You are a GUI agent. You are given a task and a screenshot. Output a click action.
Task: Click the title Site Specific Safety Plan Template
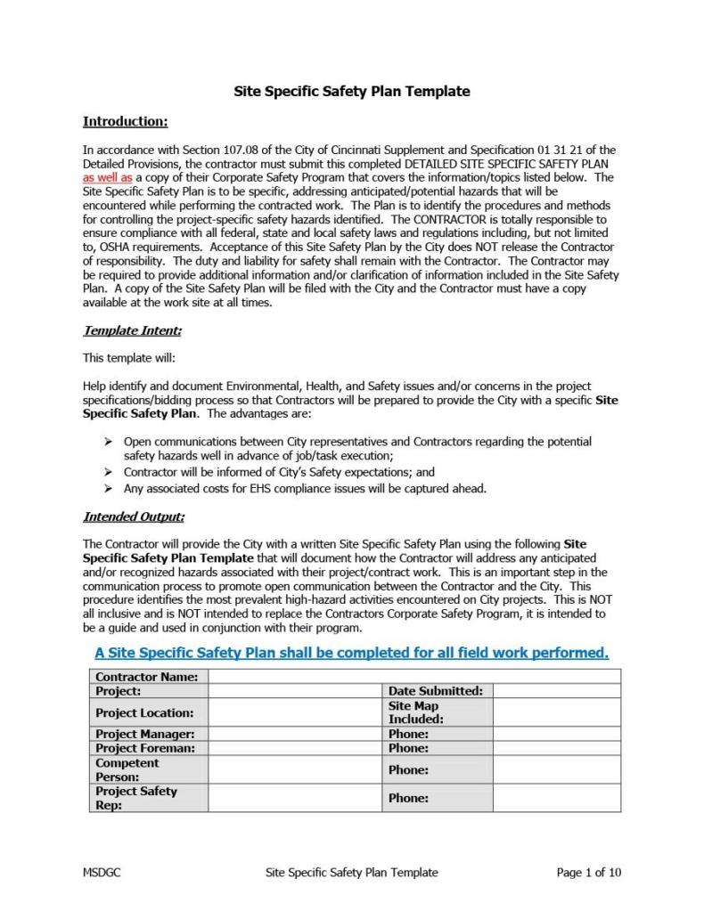351,92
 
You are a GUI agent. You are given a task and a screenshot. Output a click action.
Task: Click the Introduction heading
125,121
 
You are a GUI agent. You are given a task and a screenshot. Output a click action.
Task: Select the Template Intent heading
132,331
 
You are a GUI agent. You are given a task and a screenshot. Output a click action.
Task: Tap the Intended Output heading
133,517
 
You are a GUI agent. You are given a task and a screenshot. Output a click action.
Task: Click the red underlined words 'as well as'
107,177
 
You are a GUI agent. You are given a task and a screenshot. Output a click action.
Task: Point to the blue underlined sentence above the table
351,653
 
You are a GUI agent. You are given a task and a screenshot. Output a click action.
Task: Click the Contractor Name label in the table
146,677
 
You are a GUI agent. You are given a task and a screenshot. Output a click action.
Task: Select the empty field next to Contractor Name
413,677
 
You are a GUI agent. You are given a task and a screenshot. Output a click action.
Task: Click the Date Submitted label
435,691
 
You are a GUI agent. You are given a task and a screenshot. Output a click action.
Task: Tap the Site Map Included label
415,712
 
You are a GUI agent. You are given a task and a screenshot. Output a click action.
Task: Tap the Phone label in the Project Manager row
408,735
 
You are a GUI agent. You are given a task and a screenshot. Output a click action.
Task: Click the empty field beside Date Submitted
556,691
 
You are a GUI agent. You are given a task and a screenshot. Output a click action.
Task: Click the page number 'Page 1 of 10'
588,873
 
